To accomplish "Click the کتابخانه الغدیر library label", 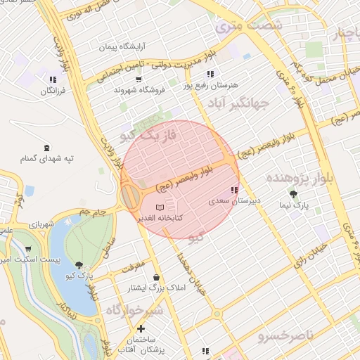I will pyautogui.click(x=160, y=219).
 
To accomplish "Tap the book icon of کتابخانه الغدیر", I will pyautogui.click(x=160, y=207).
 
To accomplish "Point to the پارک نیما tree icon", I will pyautogui.click(x=293, y=194).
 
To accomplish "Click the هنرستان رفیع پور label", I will pyautogui.click(x=209, y=85).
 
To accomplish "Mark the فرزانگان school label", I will pyautogui.click(x=52, y=91).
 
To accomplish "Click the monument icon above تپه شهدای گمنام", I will pyautogui.click(x=46, y=148).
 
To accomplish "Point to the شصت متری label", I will pyautogui.click(x=248, y=26).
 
